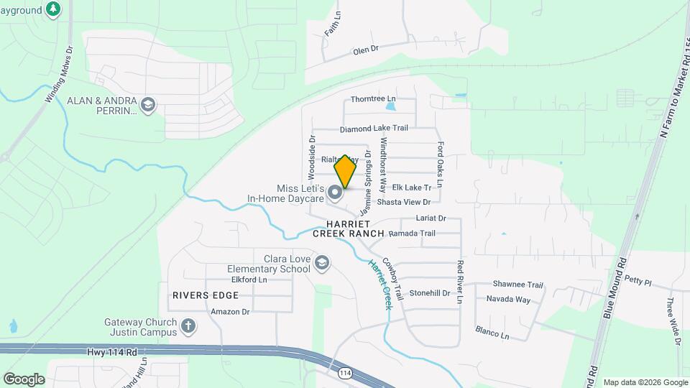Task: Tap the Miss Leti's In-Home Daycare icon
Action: [335, 193]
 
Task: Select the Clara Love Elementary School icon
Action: [321, 263]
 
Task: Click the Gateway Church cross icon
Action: [188, 325]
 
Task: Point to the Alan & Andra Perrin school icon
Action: [149, 106]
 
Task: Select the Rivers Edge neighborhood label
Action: [205, 295]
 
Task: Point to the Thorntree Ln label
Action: [373, 98]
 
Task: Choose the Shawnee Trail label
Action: [517, 285]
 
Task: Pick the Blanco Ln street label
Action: [492, 333]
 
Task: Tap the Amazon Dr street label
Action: [230, 312]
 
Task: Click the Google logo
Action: [24, 379]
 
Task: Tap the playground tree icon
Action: [52, 9]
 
